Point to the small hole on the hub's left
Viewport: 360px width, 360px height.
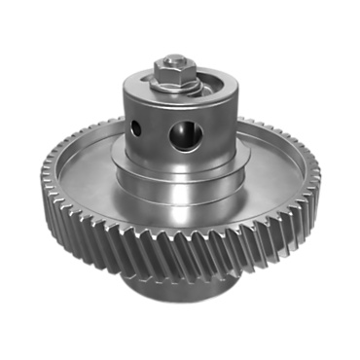point(138,127)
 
